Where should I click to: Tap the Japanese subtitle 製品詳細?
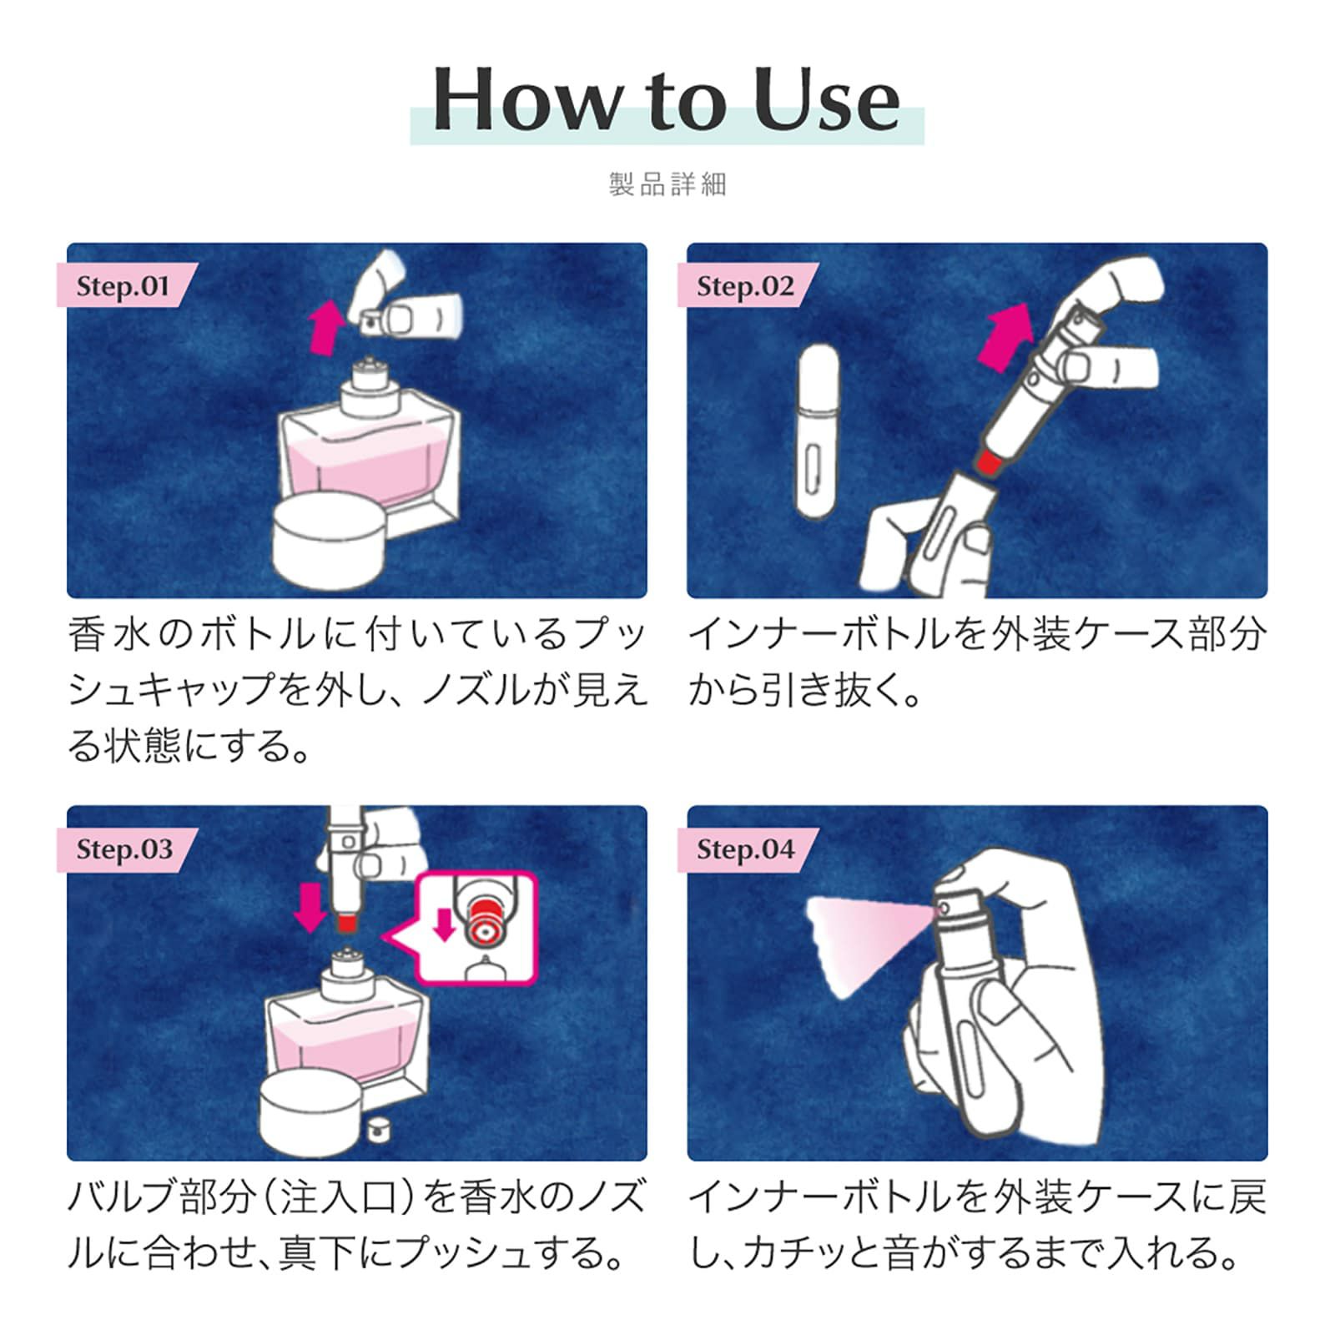point(667,184)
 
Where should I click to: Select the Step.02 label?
point(744,286)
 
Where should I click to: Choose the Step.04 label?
point(745,849)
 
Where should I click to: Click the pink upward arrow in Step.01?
point(326,328)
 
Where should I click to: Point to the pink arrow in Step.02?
point(1005,335)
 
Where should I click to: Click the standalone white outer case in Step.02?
point(818,432)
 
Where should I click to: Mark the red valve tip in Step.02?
point(989,461)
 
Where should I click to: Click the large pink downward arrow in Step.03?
point(311,908)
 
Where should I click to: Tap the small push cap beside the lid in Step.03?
point(378,1129)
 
